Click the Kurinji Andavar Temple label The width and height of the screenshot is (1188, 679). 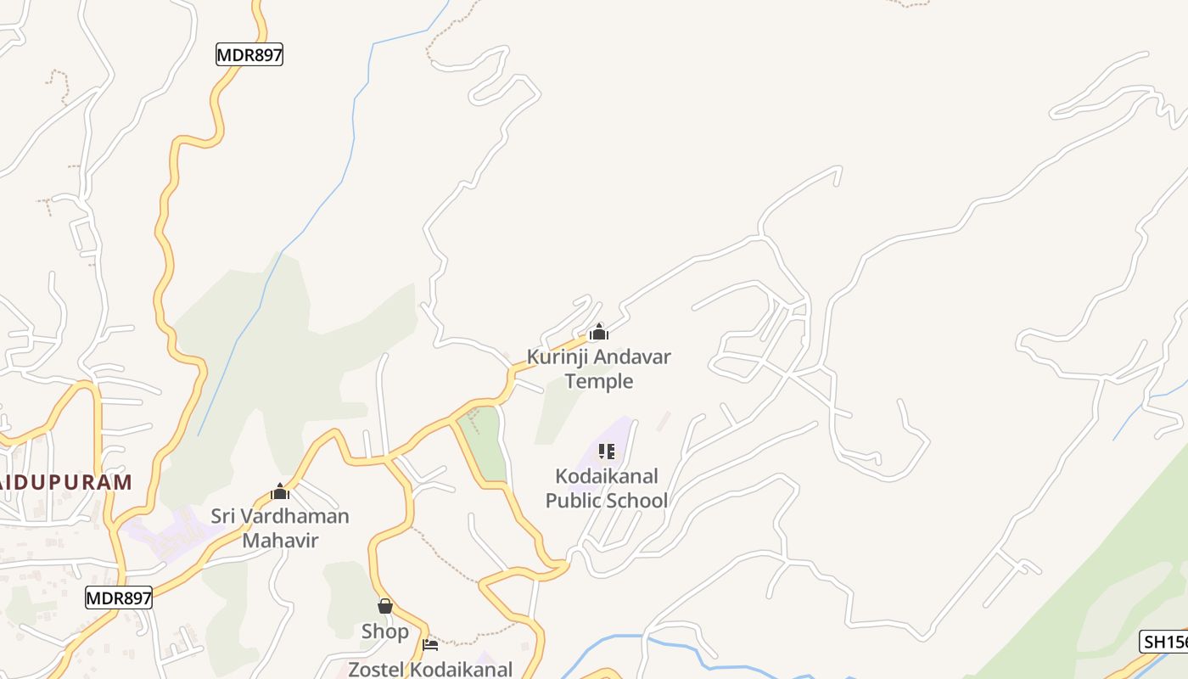598,368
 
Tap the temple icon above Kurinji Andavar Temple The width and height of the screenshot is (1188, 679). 598,332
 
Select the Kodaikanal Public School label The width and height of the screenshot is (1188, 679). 606,488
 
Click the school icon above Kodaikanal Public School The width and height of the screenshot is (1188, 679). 606,451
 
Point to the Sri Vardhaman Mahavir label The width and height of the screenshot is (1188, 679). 279,527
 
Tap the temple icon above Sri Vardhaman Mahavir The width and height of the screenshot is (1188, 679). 279,491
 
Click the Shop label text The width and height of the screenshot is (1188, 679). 384,631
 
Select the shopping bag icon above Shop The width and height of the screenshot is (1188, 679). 384,606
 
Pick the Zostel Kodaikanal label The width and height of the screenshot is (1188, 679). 430,669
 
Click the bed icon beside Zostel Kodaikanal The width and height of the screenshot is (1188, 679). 430,645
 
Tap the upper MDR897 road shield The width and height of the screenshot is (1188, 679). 249,55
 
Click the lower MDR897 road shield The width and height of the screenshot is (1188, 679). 119,598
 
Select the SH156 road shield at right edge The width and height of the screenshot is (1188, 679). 1164,642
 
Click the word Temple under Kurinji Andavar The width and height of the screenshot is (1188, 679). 598,381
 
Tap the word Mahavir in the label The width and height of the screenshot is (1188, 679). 279,540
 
